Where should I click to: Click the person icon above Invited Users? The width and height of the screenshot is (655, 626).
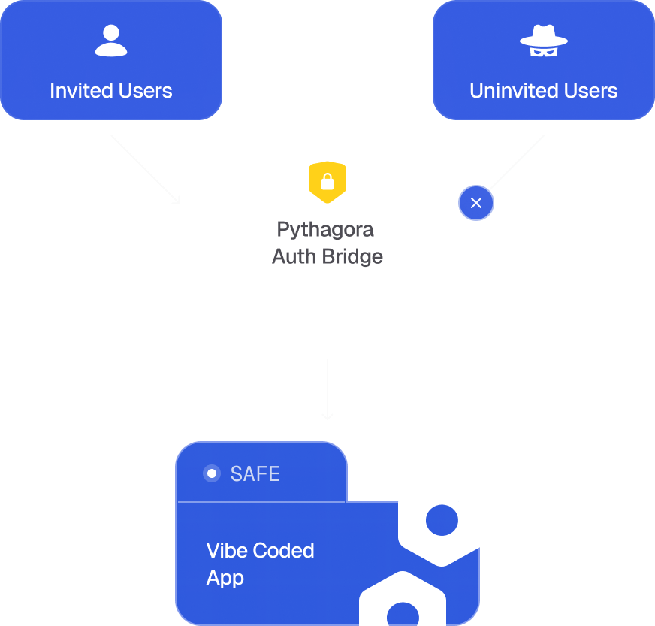click(x=111, y=41)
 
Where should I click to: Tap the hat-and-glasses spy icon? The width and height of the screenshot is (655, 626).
click(x=544, y=42)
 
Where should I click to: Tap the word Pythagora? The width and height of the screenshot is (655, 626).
click(x=325, y=229)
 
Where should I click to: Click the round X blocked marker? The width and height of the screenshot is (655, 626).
click(x=476, y=203)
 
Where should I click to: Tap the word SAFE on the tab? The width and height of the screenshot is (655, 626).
click(x=255, y=474)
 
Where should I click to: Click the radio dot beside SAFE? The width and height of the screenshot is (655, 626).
click(x=212, y=473)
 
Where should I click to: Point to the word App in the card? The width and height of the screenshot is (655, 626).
click(x=225, y=578)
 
